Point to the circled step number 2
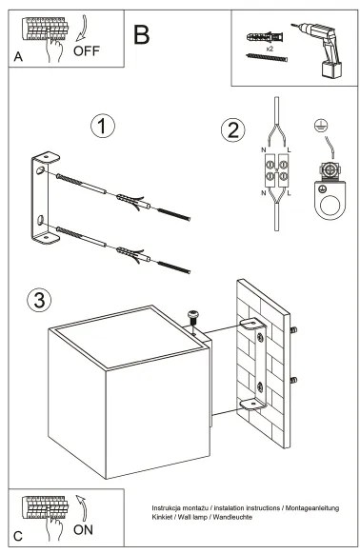coord(230,130)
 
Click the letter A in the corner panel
coord(18,58)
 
